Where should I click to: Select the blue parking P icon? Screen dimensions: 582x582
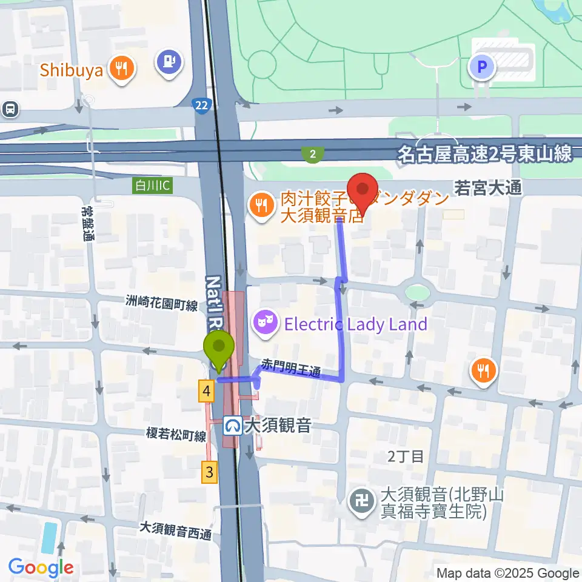[483, 67]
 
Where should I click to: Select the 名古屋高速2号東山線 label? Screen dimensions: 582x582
[485, 153]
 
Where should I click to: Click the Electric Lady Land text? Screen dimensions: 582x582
[356, 324]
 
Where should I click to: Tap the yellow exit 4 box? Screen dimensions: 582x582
[207, 392]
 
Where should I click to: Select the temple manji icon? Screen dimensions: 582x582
[363, 503]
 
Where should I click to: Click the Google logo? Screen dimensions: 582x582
[41, 568]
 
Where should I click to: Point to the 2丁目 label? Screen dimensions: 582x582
[406, 457]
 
